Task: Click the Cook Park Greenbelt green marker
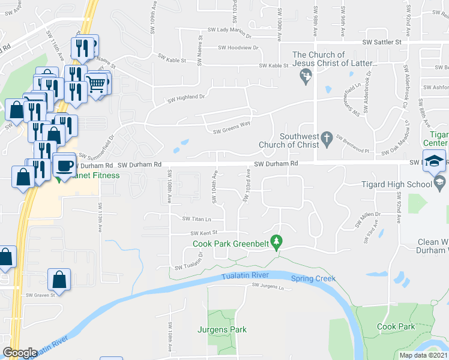click(x=276, y=242)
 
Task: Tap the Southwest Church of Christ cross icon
click(x=327, y=139)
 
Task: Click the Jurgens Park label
click(x=222, y=329)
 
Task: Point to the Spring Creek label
click(x=313, y=278)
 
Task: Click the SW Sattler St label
click(x=381, y=43)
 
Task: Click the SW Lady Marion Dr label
click(x=231, y=29)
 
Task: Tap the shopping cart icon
click(x=97, y=84)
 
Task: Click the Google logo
click(x=20, y=353)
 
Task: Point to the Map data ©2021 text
click(x=423, y=355)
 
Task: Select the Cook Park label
click(x=396, y=327)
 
